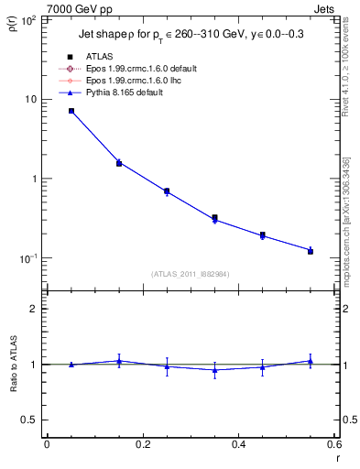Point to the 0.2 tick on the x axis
pyautogui.click(x=142, y=445)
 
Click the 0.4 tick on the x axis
pyautogui.click(x=238, y=445)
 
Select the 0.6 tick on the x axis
pyautogui.click(x=333, y=445)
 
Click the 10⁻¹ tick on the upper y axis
pyautogui.click(x=28, y=258)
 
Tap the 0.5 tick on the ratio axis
pyautogui.click(x=29, y=420)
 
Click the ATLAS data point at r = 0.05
pyautogui.click(x=71, y=111)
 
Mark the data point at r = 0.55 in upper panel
pyautogui.click(x=311, y=250)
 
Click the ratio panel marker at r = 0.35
pyautogui.click(x=214, y=370)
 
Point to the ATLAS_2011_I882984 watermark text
pyautogui.click(x=191, y=273)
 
